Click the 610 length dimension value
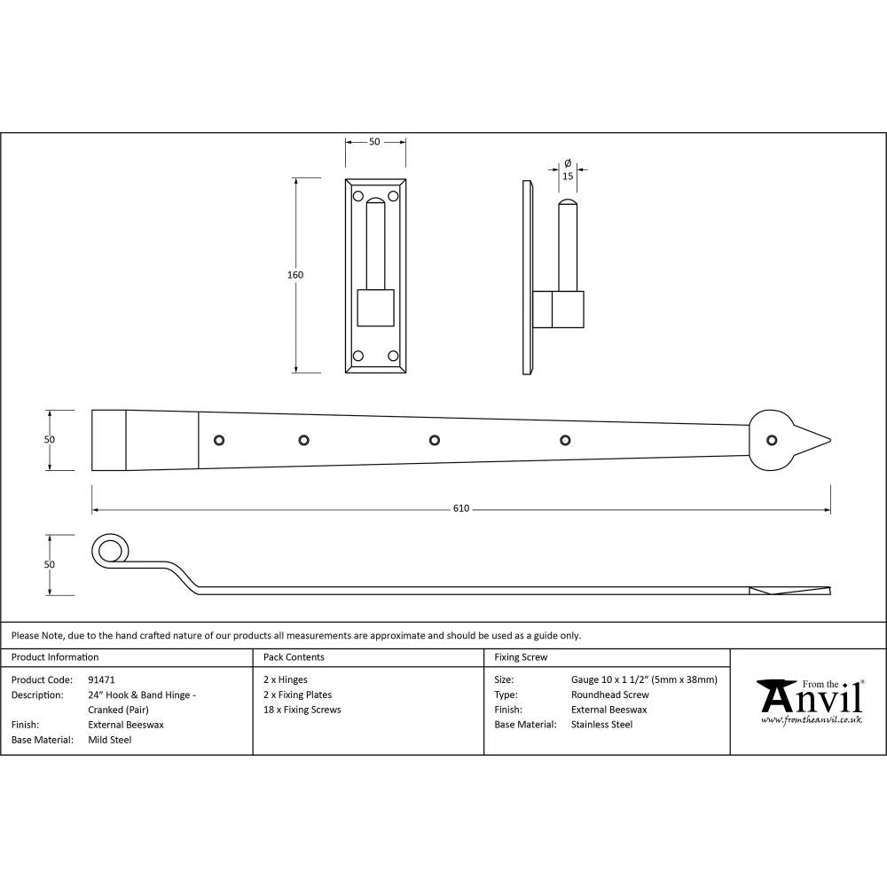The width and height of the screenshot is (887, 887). click(x=460, y=509)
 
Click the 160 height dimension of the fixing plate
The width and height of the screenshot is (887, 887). click(x=295, y=275)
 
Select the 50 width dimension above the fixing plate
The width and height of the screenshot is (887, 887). click(x=374, y=142)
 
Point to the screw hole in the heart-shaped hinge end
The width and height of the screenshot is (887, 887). click(x=772, y=439)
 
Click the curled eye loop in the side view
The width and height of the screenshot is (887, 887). click(x=108, y=552)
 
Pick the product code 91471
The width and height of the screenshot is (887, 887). click(x=102, y=680)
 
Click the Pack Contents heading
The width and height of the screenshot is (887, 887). click(x=294, y=657)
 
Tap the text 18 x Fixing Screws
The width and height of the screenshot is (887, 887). click(x=302, y=710)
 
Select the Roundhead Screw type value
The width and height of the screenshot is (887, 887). click(x=610, y=695)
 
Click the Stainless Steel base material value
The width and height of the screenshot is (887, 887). click(x=602, y=725)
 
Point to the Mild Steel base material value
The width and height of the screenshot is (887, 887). click(x=110, y=740)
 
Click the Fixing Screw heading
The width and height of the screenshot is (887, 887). click(x=521, y=657)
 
